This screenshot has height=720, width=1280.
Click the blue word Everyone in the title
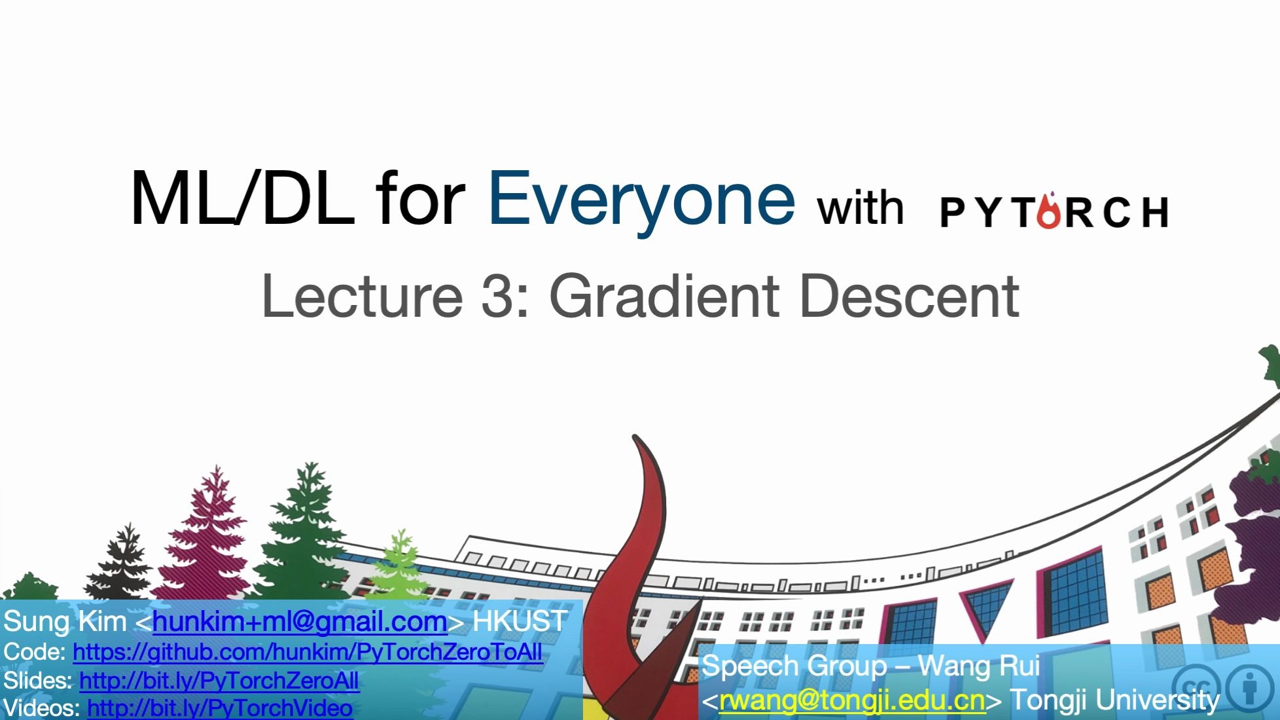tap(641, 200)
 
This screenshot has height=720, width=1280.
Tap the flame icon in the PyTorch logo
tap(1048, 211)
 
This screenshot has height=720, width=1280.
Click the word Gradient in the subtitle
tap(665, 297)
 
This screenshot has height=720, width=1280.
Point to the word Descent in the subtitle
tap(909, 297)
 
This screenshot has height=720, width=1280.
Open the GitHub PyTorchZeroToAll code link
tap(308, 652)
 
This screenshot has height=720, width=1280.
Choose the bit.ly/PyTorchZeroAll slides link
tap(219, 681)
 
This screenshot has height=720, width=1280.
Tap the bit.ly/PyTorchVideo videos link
tap(220, 708)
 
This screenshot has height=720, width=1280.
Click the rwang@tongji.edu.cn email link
tap(852, 700)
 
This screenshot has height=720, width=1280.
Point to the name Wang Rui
tap(978, 666)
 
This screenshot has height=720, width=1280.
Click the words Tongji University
tap(1114, 700)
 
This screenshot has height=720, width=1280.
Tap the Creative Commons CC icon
tap(1196, 687)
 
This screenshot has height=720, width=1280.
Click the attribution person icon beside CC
tap(1251, 687)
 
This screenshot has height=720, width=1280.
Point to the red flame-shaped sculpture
tap(631, 556)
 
